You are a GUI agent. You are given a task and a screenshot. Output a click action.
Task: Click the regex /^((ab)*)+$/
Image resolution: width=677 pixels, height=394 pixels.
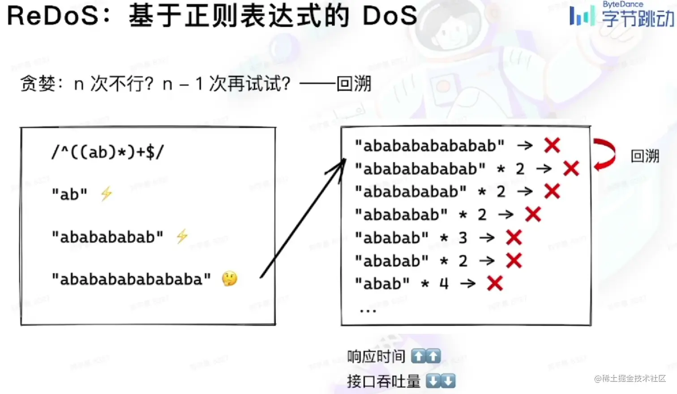(108, 152)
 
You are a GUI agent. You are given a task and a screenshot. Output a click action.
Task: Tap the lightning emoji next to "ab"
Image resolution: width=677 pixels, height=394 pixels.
(106, 194)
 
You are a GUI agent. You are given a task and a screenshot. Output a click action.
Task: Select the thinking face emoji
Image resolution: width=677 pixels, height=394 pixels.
(230, 279)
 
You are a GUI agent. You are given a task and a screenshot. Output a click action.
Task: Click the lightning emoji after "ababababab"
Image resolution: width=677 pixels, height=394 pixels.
(182, 236)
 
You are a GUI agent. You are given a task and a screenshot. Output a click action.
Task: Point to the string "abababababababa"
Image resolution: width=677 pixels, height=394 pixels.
(131, 279)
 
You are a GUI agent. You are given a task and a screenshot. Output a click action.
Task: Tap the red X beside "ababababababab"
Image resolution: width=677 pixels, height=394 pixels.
(552, 145)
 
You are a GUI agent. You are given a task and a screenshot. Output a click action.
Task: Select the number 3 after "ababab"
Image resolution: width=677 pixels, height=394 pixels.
(463, 238)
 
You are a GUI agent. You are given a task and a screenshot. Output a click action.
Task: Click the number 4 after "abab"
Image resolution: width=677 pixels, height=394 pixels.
(444, 283)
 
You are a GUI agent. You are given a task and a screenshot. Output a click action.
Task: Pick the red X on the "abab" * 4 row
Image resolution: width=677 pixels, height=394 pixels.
(495, 283)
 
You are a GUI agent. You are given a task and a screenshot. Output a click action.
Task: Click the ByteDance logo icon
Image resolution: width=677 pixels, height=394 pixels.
(582, 16)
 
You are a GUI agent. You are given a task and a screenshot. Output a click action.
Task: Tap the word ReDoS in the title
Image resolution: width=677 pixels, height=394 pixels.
(52, 16)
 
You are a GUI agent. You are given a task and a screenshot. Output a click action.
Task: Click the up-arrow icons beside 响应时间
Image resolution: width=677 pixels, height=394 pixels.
(426, 356)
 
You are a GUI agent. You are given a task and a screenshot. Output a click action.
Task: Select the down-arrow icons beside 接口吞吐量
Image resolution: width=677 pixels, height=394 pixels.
(441, 381)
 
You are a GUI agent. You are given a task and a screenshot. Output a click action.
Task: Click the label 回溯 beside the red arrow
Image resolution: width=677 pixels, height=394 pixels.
(645, 156)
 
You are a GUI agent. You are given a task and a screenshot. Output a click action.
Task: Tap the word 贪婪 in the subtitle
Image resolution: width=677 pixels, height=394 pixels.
(38, 84)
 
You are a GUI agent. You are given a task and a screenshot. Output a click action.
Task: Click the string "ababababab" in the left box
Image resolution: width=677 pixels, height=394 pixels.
(107, 237)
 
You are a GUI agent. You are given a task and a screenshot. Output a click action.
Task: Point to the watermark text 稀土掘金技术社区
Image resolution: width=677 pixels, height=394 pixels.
(634, 379)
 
